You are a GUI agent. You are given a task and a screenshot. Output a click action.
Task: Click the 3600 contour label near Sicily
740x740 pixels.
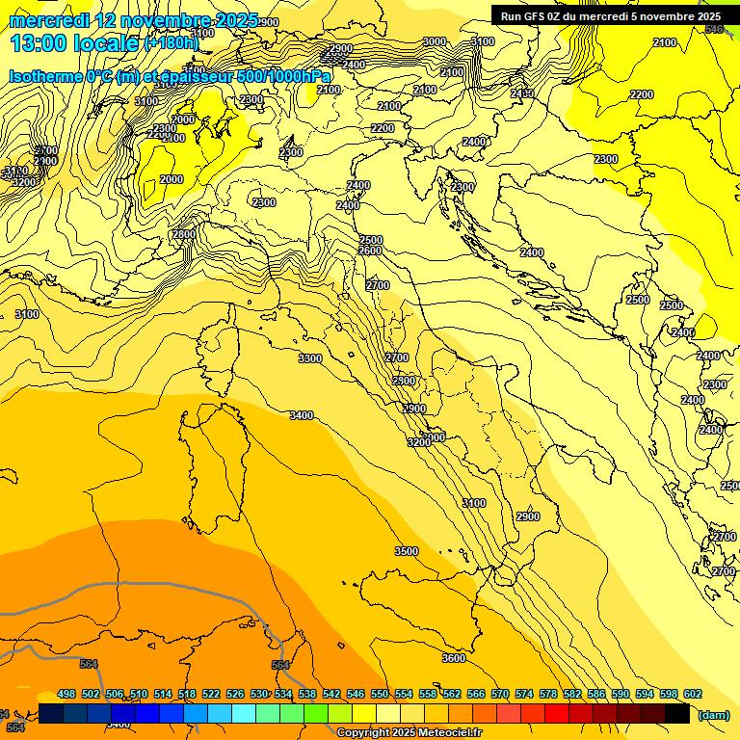tap(453, 658)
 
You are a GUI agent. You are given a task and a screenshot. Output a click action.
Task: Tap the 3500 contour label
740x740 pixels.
tap(407, 551)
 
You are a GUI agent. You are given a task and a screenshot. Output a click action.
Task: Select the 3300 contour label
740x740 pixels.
tap(310, 358)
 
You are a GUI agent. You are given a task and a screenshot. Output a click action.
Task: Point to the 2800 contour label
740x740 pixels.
tap(184, 234)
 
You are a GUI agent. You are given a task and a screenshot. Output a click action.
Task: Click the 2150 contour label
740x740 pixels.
tap(522, 93)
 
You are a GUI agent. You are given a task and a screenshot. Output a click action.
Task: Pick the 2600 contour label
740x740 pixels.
tap(370, 251)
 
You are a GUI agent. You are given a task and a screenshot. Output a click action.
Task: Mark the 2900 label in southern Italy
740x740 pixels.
tap(527, 517)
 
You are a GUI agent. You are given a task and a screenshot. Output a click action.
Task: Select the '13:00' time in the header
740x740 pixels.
tap(40, 43)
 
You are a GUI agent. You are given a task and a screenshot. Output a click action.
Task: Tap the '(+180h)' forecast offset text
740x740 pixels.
tap(171, 43)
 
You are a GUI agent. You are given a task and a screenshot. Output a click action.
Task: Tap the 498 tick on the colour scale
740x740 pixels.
tap(66, 694)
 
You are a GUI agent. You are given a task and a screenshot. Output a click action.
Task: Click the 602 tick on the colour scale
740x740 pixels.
tap(693, 694)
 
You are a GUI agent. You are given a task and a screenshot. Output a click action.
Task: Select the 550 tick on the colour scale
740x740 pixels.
tap(380, 694)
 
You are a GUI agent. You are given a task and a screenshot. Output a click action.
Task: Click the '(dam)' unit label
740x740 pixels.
tap(713, 714)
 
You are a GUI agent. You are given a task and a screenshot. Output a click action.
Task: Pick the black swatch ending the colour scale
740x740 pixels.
tap(677, 713)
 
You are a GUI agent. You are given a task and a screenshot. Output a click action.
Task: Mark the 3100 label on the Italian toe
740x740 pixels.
tap(474, 504)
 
